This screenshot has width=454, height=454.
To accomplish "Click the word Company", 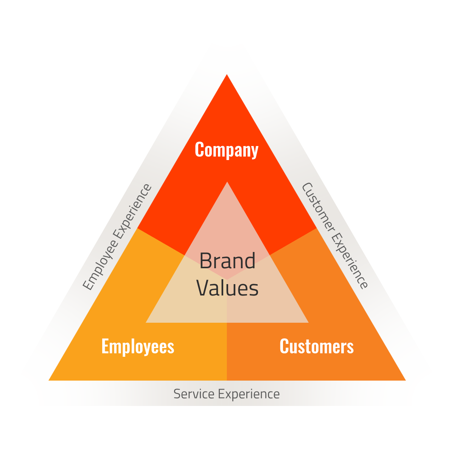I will tap(226, 150).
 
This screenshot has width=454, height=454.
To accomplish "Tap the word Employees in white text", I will tap(138, 347).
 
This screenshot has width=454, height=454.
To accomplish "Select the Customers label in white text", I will tap(316, 347).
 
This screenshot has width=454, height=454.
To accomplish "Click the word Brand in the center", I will tap(227, 261).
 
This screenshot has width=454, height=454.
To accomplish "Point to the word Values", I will tap(227, 288).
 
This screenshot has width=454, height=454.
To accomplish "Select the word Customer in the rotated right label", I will tap(318, 207).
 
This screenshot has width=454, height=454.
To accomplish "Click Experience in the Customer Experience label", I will tap(350, 261).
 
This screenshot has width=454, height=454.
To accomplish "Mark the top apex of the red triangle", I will tap(227, 75).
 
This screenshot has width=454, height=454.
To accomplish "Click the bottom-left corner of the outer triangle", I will tap(50, 380).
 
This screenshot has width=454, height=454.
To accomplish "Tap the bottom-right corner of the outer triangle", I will tap(405, 380).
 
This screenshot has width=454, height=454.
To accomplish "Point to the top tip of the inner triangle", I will tap(227, 183).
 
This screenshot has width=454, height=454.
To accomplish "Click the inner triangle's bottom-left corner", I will tap(146, 322).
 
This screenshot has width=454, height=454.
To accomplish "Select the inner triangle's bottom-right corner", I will tap(308, 322).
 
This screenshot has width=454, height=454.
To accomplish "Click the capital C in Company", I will tap(199, 149).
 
